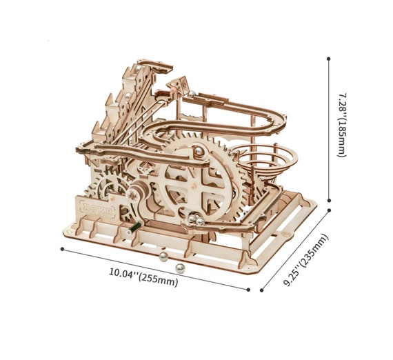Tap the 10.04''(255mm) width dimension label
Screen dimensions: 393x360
pyautogui.click(x=143, y=277)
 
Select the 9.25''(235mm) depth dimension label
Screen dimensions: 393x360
pyautogui.click(x=305, y=260)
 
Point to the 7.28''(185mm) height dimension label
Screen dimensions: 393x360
pyautogui.click(x=342, y=126)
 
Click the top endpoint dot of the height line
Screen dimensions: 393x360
pyautogui.click(x=329, y=59)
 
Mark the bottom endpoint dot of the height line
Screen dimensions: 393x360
pyautogui.click(x=329, y=200)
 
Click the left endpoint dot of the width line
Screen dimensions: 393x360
pyautogui.click(x=62, y=249)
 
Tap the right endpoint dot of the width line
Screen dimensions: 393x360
pyautogui.click(x=248, y=290)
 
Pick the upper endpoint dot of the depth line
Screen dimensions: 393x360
pyautogui.click(x=329, y=210)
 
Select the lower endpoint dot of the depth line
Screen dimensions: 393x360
pyautogui.click(x=262, y=290)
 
